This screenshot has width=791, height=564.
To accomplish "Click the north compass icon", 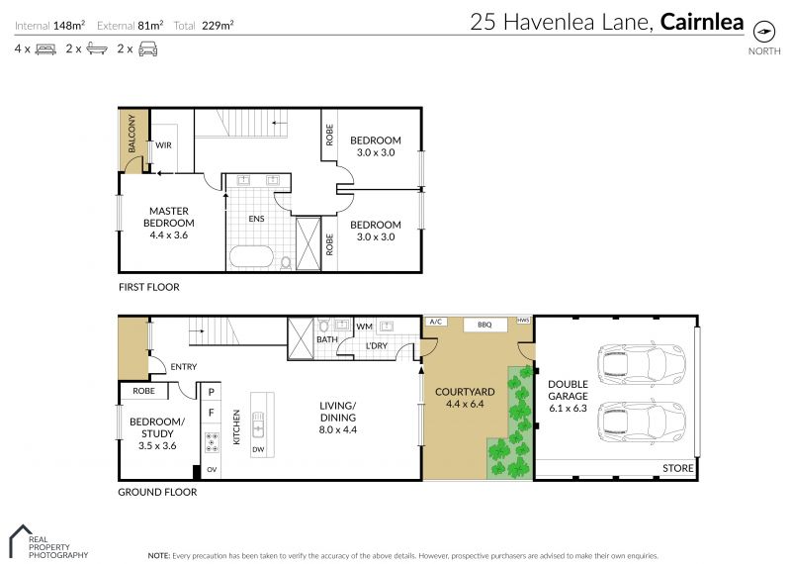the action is pos(763,32).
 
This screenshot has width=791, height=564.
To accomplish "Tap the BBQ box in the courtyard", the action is pos(484,325).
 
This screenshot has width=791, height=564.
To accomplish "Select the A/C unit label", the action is pos(435,322).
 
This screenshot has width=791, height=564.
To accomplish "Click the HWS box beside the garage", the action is pos(523,321).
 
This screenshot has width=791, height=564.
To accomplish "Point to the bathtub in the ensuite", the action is pos(251,257).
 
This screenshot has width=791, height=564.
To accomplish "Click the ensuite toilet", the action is pos(286,263).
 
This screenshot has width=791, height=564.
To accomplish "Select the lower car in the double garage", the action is pos(641,423).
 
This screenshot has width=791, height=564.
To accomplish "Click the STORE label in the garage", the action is pos(677,468).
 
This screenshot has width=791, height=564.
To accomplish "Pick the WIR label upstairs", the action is pos(163,145).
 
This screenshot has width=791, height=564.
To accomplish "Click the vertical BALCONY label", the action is pos(132,134).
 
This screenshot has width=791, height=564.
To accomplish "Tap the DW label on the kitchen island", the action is pos(258,449).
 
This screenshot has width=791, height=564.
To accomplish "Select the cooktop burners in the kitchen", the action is pos(212,442).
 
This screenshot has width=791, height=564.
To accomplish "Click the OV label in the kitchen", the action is pos(212,470).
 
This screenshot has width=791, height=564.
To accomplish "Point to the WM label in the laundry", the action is pos(364,327).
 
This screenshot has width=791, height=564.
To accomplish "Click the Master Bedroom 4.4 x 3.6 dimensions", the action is pos(168,235).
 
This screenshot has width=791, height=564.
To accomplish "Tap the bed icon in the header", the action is pos(45,49).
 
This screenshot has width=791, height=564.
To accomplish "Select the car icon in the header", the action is pos(147,48).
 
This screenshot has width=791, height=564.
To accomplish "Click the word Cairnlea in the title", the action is pos(702,22).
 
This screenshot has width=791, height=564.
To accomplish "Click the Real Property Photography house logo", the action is pos(20,540).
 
